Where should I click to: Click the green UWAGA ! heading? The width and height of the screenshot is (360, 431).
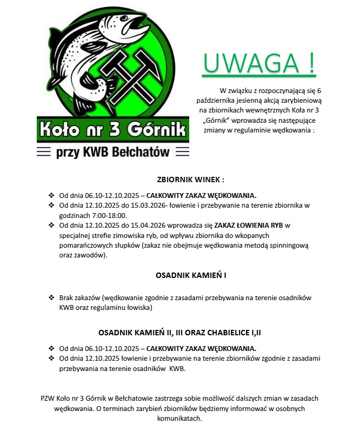(259, 64)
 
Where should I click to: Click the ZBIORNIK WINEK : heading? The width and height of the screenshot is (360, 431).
(190, 180)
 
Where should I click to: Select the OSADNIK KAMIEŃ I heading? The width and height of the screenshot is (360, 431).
(190, 275)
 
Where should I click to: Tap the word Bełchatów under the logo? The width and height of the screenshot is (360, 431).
(142, 152)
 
